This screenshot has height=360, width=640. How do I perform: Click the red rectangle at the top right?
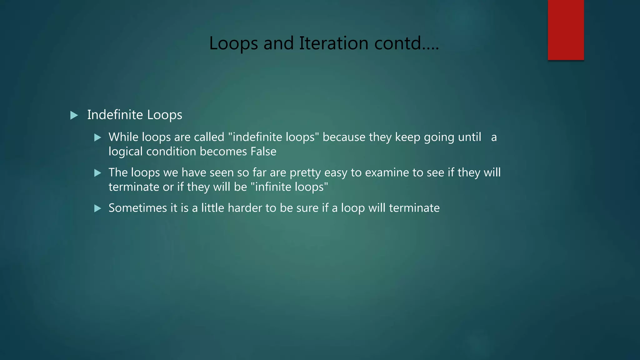566,30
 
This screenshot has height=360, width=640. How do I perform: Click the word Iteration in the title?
333,43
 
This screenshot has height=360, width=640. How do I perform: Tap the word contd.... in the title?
407,43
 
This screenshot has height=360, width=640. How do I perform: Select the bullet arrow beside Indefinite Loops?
74,115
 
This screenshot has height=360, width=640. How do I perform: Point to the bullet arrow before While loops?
98,137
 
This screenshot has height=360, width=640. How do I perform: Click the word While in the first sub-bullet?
123,137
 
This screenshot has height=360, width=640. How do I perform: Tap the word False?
263,152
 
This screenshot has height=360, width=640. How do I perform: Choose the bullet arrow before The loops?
98,173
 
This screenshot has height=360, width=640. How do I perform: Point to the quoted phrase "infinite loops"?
289,187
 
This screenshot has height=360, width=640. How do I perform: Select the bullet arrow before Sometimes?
98,208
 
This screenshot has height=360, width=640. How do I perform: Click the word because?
344,137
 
